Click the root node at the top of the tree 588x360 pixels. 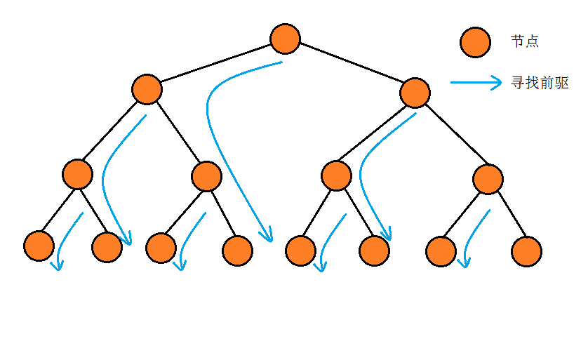point(285,38)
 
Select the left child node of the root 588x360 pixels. point(147,89)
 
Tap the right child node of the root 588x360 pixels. point(415,93)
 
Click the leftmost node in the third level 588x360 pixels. point(77,174)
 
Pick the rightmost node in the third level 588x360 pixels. point(488,179)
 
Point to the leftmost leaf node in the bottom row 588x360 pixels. point(39,246)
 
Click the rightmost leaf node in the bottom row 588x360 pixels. point(526,251)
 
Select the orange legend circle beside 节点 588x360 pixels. point(475,42)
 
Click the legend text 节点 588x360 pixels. point(525,41)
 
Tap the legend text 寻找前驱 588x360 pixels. point(540,83)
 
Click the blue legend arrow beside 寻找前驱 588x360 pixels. point(476,82)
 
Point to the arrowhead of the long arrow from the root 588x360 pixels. point(266,236)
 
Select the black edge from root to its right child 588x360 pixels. point(351,65)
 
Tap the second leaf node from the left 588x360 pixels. point(107,247)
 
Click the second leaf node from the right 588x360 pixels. point(441,251)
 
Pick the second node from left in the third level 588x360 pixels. point(206,176)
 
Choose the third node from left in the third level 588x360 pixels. point(337,175)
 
